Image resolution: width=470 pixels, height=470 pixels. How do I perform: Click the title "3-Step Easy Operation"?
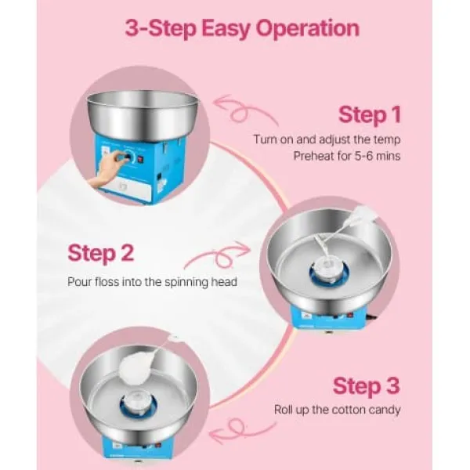pyautogui.click(x=242, y=29)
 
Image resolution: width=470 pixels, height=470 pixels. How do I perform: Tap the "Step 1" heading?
pyautogui.click(x=370, y=114)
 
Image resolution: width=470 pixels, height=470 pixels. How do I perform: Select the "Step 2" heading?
pyautogui.click(x=101, y=254)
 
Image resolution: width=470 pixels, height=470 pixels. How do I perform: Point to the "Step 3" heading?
pyautogui.click(x=367, y=385)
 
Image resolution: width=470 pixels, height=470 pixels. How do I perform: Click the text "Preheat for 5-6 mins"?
pyautogui.click(x=347, y=156)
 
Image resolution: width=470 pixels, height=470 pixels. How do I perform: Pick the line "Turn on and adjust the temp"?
pyautogui.click(x=327, y=139)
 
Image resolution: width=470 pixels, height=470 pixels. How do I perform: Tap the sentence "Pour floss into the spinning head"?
pyautogui.click(x=152, y=282)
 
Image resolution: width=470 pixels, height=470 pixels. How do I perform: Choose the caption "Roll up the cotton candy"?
pyautogui.click(x=337, y=410)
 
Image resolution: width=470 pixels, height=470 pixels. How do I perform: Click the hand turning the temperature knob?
pyautogui.click(x=108, y=169)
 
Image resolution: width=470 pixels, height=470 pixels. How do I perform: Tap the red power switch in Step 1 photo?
pyautogui.click(x=140, y=161)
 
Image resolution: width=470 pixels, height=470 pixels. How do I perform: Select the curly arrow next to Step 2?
pyautogui.click(x=219, y=255)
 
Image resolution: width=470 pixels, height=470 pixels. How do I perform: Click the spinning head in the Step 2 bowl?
pyautogui.click(x=329, y=269)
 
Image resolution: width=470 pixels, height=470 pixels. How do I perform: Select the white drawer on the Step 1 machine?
pyautogui.click(x=128, y=188)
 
